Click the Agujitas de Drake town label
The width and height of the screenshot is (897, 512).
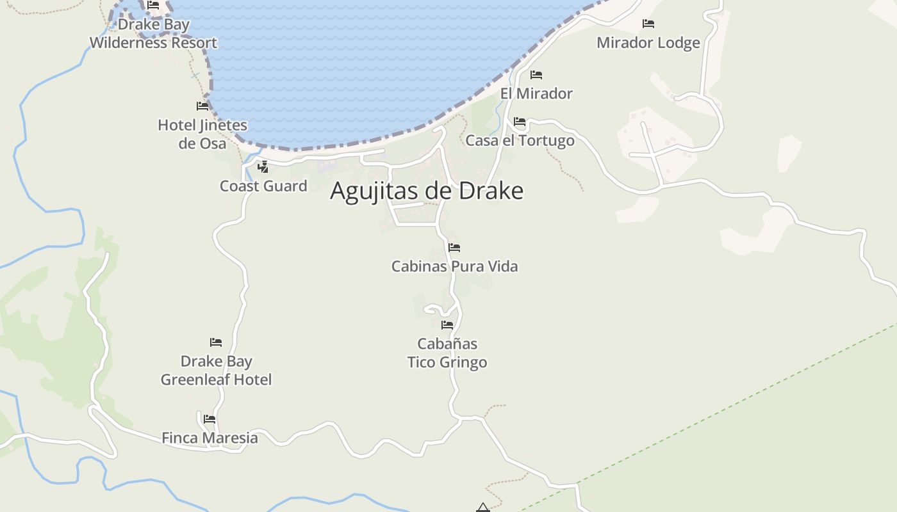tap(427, 191)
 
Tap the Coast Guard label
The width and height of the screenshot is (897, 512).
tap(263, 186)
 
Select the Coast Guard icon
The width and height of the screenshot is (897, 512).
tap(263, 167)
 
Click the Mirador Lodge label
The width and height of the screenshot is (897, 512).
tap(648, 43)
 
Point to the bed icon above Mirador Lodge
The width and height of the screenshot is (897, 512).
tap(648, 24)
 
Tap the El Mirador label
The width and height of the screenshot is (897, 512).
tap(536, 93)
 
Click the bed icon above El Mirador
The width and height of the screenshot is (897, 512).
tap(536, 75)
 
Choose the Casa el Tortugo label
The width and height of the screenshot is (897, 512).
tap(520, 140)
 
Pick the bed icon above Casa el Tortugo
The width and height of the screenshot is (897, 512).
tap(520, 121)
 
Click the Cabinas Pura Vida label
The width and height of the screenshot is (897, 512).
tap(454, 266)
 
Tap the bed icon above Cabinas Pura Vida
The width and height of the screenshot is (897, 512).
tap(454, 247)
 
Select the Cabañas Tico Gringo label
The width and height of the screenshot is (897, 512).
tap(447, 353)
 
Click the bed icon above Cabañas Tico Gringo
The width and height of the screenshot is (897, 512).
tap(447, 325)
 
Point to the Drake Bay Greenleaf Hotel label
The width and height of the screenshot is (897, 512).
tap(216, 371)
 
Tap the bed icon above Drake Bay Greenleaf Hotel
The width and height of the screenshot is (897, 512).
tap(216, 342)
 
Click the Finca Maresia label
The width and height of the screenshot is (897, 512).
tap(210, 438)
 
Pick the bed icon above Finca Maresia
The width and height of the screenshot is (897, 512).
tap(210, 419)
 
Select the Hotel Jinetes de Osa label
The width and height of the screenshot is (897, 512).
tap(202, 134)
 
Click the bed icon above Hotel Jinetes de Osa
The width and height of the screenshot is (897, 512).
tap(202, 106)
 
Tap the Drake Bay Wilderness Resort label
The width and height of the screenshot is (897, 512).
tap(153, 34)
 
